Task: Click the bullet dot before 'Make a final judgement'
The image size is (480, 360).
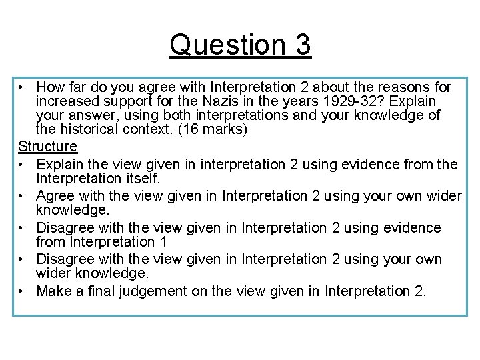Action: [x=22, y=291]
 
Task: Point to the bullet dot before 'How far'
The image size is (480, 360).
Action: [x=22, y=87]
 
